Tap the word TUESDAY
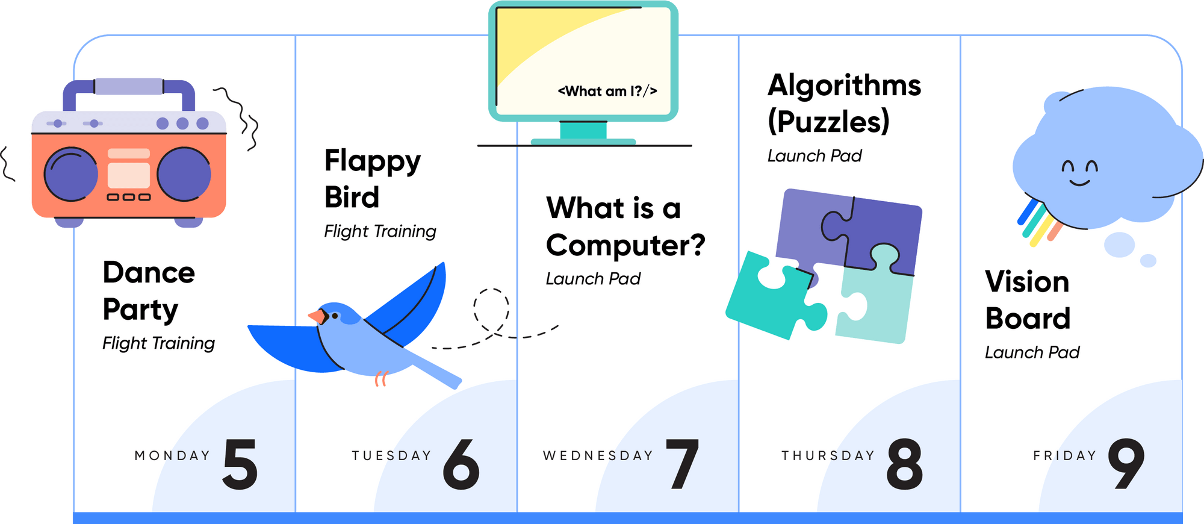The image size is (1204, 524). [392, 456]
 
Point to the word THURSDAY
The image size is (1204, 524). [828, 456]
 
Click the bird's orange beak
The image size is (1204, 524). [315, 316]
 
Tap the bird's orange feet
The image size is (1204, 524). [381, 379]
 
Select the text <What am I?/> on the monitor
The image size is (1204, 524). [607, 92]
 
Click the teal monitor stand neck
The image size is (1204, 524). [583, 129]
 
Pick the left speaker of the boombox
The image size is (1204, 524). [71, 175]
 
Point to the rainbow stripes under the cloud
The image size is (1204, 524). [1037, 223]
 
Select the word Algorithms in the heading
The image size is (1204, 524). [844, 86]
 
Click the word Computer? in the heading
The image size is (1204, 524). [625, 246]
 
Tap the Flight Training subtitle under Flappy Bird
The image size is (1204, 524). [380, 231]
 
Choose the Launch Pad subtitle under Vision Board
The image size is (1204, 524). [1032, 352]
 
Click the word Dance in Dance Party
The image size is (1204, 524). [149, 273]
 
